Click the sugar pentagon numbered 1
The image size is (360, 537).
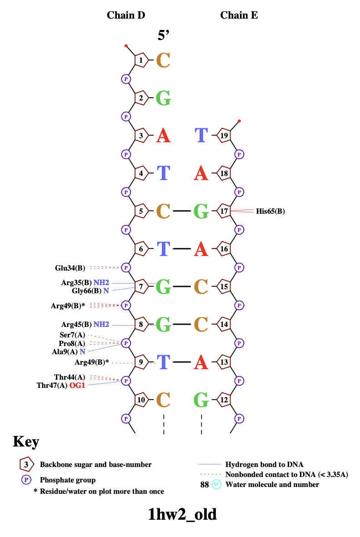pyautogui.click(x=141, y=60)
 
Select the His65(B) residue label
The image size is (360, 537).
pyautogui.click(x=270, y=211)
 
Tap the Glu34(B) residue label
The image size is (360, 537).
pyautogui.click(x=70, y=267)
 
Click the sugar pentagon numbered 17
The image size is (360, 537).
pyautogui.click(x=224, y=211)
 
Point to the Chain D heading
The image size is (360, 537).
pyautogui.click(x=126, y=15)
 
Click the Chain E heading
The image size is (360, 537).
pyautogui.click(x=239, y=15)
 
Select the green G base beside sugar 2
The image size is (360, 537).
pyautogui.click(x=163, y=98)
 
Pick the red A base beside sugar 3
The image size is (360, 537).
pyautogui.click(x=163, y=136)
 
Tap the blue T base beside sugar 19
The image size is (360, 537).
pyautogui.click(x=201, y=136)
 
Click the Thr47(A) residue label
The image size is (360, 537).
pyautogui.click(x=52, y=386)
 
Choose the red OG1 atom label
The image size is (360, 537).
pyautogui.click(x=77, y=386)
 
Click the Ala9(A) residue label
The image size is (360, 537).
pyautogui.click(x=65, y=351)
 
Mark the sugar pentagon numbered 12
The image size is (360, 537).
pyautogui.click(x=224, y=400)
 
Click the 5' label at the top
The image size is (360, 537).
pyautogui.click(x=164, y=35)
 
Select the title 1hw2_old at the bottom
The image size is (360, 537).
pyautogui.click(x=182, y=514)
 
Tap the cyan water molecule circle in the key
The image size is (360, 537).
pyautogui.click(x=216, y=485)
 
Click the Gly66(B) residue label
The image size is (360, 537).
pyautogui.click(x=86, y=291)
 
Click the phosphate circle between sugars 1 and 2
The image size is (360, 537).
pyautogui.click(x=126, y=79)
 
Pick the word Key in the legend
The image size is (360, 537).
pyautogui.click(x=26, y=442)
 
